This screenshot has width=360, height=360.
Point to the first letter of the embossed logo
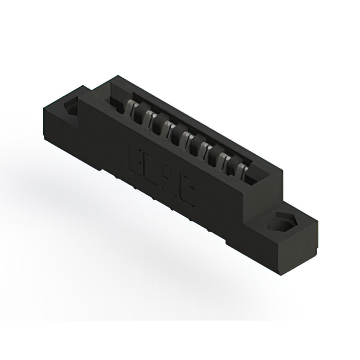[136, 154]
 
